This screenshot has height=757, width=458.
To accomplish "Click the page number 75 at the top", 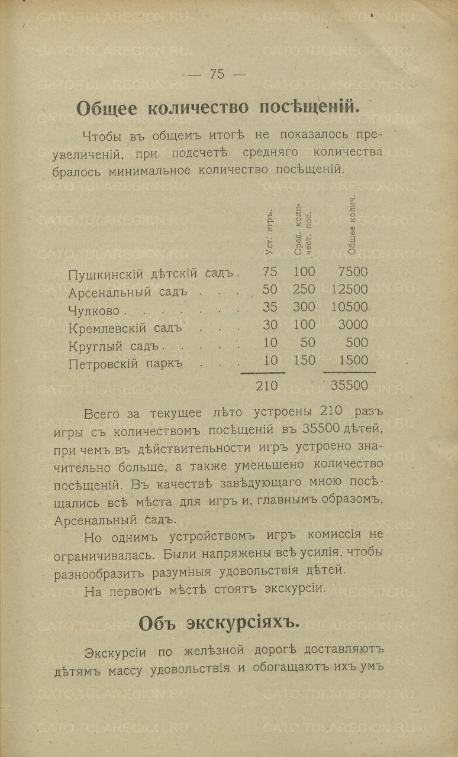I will (217, 74).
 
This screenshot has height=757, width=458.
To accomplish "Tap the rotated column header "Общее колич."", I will (351, 224).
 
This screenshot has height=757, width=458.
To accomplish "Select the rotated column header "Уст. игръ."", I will (270, 232).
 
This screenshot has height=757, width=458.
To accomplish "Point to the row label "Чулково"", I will (93, 310).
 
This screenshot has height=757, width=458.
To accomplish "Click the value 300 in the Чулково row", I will (304, 307).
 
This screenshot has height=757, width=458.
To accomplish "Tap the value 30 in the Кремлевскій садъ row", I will (270, 325).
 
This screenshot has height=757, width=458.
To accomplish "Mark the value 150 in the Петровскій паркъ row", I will (304, 360).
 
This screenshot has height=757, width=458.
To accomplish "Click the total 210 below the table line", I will (266, 386).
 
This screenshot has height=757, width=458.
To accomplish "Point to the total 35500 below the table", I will (349, 386).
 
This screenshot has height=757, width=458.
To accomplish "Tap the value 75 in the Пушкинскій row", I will (270, 271).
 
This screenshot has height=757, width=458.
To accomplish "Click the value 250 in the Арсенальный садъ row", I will (304, 289).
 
